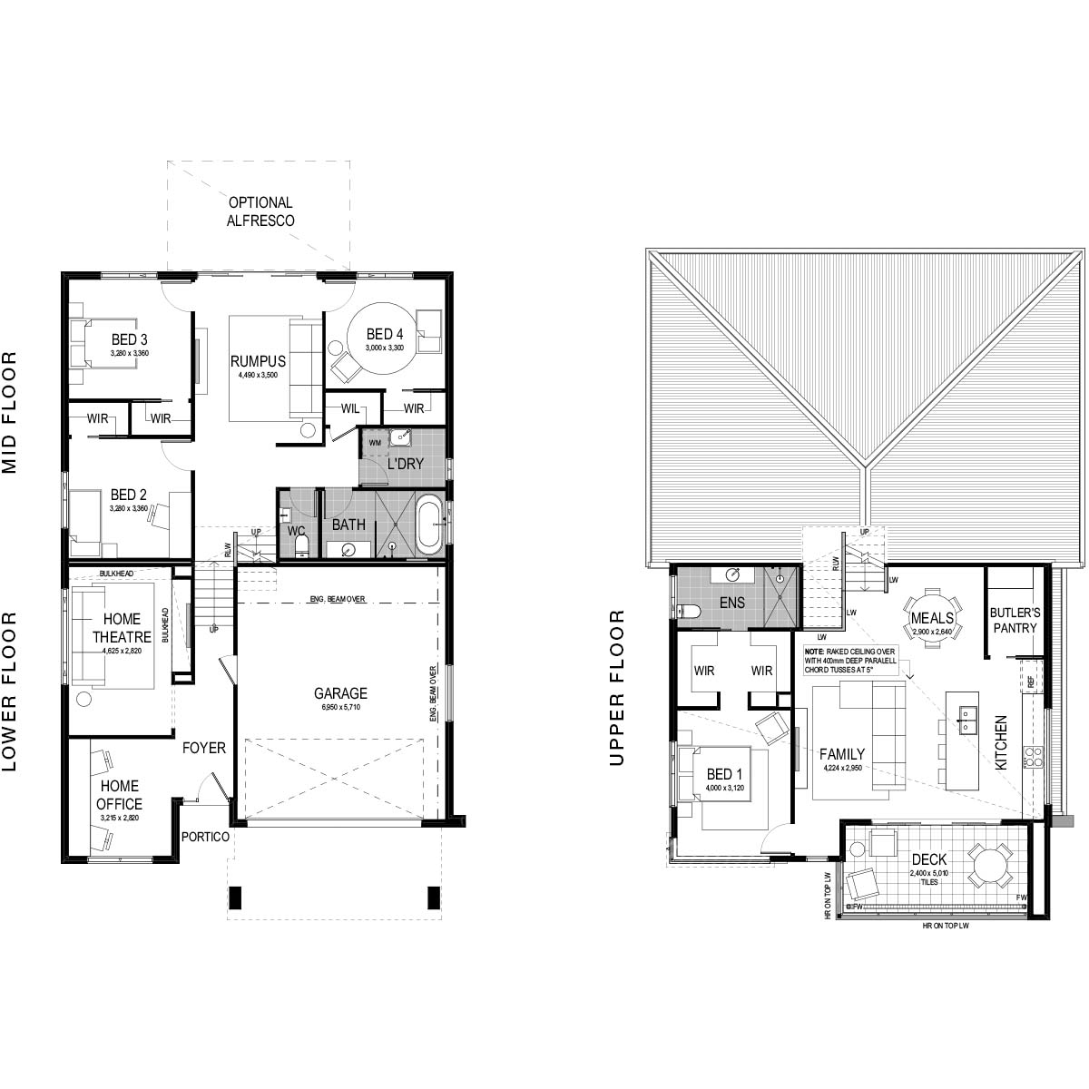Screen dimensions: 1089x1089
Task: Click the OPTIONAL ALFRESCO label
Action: tap(260, 211)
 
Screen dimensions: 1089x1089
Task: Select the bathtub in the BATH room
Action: tap(429, 524)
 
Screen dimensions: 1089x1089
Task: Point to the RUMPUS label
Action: tap(257, 360)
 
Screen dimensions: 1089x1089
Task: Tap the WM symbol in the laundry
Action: tap(374, 442)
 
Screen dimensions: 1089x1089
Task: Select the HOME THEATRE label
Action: tap(116, 628)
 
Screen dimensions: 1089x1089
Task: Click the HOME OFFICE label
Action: tap(120, 795)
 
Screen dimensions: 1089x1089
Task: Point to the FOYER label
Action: tap(203, 748)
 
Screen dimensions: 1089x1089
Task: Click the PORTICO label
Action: tap(204, 837)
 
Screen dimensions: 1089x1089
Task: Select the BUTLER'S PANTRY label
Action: tap(1015, 619)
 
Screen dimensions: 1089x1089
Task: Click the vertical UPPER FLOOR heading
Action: tap(619, 687)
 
